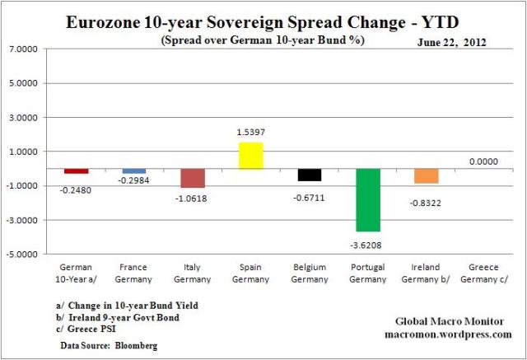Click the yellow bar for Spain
tap(251, 156)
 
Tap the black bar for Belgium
tap(310, 175)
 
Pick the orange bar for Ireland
tap(427, 176)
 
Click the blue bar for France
tap(134, 171)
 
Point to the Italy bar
tap(193, 178)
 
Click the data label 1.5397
tap(251, 133)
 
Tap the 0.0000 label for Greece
tap(485, 161)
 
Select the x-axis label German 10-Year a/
tap(76, 274)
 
